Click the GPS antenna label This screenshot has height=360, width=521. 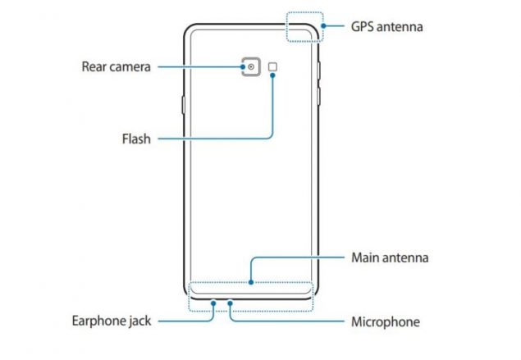(386, 27)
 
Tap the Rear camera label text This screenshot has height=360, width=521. (116, 66)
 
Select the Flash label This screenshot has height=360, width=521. (136, 139)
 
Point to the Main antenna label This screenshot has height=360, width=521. (390, 257)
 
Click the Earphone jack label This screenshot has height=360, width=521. (112, 321)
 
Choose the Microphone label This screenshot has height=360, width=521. (386, 321)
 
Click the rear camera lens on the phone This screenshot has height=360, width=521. (251, 66)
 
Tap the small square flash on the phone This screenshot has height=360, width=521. (272, 66)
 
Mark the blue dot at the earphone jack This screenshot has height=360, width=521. (213, 303)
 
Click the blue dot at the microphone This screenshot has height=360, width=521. (230, 303)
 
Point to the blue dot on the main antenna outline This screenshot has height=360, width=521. (251, 282)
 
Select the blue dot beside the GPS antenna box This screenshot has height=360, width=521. (323, 25)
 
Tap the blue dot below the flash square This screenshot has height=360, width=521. (272, 75)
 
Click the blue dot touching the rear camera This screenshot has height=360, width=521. (243, 66)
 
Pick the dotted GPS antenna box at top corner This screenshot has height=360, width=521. (286, 27)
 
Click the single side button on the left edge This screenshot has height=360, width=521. (183, 105)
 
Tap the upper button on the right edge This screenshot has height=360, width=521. (318, 71)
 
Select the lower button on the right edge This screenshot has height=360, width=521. (318, 96)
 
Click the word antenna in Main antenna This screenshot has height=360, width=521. (405, 258)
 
